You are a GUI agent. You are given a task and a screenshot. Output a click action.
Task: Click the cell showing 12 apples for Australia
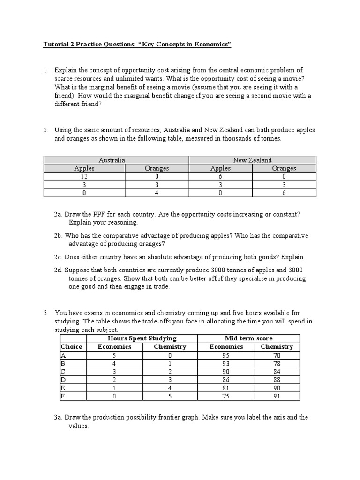pos(84,176)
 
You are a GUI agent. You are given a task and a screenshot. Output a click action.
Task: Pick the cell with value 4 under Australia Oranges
pos(157,193)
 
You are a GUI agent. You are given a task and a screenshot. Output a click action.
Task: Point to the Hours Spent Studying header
pos(142,338)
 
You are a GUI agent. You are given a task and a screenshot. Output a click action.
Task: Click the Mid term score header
pos(248,338)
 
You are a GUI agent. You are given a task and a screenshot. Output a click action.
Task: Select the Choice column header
pos(71,347)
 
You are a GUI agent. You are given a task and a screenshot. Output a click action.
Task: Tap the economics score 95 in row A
pos(226,355)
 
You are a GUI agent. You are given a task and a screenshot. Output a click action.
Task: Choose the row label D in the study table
pos(63,380)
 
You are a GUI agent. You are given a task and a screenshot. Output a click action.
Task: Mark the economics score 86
pos(226,380)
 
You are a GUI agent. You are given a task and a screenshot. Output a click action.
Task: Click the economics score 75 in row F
pos(226,396)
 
